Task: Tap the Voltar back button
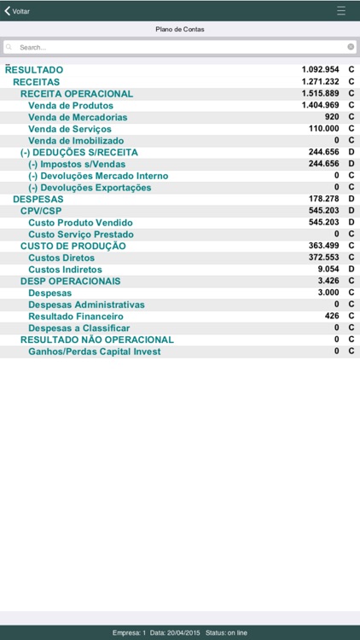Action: (x=18, y=11)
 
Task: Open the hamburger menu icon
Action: (x=341, y=11)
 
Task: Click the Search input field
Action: (x=171, y=47)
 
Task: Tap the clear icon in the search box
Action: (x=350, y=47)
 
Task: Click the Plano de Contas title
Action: (x=180, y=29)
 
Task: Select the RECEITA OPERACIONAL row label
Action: (x=77, y=94)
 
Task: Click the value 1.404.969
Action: (x=321, y=105)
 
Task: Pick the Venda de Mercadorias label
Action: (x=78, y=117)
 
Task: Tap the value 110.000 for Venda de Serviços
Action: (x=324, y=129)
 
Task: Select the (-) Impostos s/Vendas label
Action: (x=78, y=164)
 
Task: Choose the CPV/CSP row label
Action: (x=41, y=210)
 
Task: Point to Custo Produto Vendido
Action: (x=80, y=223)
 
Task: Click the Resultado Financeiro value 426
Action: (x=332, y=316)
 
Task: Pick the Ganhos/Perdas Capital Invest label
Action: (x=95, y=351)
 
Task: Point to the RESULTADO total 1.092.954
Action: (x=321, y=69)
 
